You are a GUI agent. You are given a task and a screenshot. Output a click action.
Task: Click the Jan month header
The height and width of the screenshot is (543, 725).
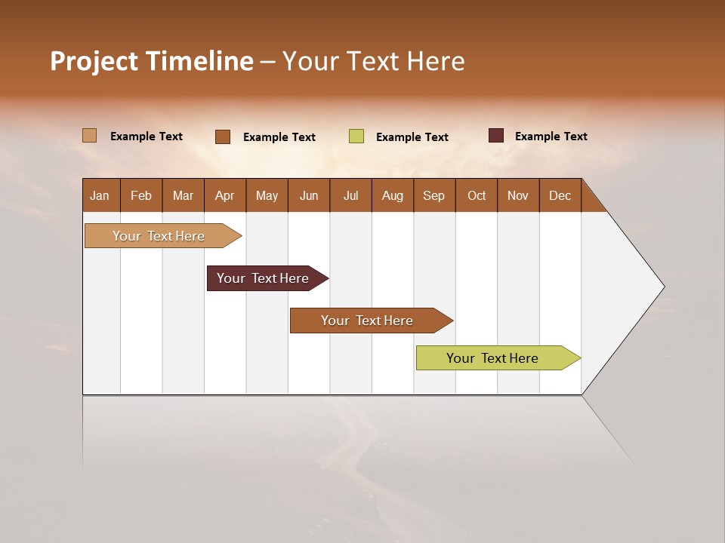point(100,195)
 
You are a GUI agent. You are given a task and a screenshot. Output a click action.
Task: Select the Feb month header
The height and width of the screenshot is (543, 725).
point(141,195)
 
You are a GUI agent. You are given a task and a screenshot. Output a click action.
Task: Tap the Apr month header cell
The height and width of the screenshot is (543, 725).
point(224,195)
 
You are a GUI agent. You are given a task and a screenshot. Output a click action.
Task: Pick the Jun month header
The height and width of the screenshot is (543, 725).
point(309,195)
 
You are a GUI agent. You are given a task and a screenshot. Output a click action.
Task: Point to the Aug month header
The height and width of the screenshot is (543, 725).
point(392,195)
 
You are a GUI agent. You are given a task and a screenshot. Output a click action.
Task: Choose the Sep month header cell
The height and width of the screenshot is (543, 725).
point(433,195)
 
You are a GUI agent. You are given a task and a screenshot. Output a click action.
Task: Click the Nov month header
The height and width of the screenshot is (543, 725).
point(517,195)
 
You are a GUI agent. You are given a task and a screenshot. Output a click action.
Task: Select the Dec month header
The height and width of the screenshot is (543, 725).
point(560,195)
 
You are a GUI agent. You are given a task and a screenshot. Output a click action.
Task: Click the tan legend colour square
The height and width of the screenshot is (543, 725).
point(90,136)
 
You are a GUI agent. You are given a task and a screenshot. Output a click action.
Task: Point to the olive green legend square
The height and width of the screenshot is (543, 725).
point(356,137)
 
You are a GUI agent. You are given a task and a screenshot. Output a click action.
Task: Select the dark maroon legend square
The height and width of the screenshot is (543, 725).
point(496,136)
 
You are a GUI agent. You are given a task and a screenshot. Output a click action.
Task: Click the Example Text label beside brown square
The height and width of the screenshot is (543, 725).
point(279,137)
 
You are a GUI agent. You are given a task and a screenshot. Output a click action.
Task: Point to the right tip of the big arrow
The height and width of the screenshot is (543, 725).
point(662,287)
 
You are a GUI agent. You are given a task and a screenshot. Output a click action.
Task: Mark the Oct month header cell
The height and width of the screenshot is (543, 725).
point(477,195)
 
